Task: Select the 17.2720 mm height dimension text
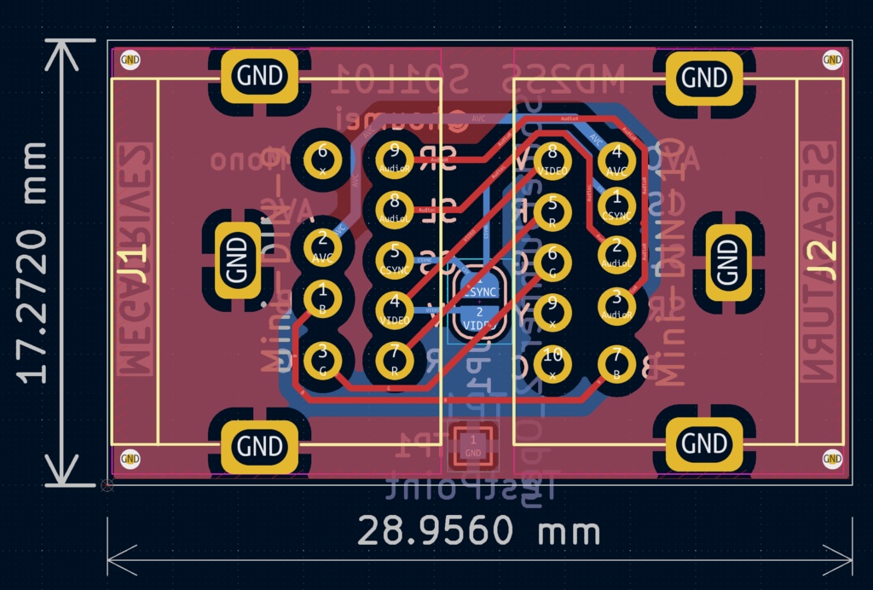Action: [x=33, y=263]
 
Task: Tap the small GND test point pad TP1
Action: [x=473, y=445]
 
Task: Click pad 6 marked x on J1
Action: [x=322, y=158]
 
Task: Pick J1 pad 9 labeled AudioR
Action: [x=394, y=158]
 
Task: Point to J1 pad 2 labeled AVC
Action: [x=322, y=247]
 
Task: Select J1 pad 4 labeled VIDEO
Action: [x=394, y=308]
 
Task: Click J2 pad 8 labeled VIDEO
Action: [x=552, y=159]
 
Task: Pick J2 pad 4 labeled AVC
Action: [x=616, y=159]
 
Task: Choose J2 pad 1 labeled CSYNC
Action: [x=616, y=205]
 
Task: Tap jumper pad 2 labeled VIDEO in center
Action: [x=478, y=320]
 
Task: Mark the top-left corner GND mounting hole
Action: [x=130, y=60]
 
